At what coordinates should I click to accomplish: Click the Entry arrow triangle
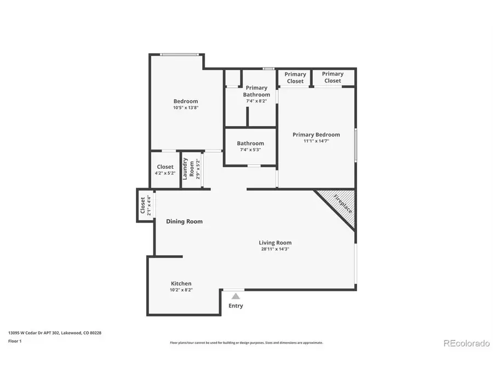pos(235,296)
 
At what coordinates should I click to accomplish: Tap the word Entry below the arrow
pos(236,306)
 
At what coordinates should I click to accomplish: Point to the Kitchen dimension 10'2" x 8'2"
pos(181,290)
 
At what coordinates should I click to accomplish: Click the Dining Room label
pos(185,221)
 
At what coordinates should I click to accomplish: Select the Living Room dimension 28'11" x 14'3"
pos(275,249)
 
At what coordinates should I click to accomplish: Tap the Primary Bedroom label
pos(316,135)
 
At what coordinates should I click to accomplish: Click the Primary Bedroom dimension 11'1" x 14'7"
pos(316,141)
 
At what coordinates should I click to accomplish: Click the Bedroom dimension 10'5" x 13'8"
pos(186,108)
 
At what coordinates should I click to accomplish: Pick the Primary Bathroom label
pos(257,91)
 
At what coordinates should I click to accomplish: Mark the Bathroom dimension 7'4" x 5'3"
pos(250,150)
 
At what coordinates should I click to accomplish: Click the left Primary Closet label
pos(295,77)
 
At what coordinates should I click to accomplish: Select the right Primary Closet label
pos(333,77)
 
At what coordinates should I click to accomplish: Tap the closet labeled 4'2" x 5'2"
pos(165,169)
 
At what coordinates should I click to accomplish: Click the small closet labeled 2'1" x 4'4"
pos(144,206)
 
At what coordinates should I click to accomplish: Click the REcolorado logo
pos(466,344)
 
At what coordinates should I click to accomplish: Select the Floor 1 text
pos(15,340)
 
